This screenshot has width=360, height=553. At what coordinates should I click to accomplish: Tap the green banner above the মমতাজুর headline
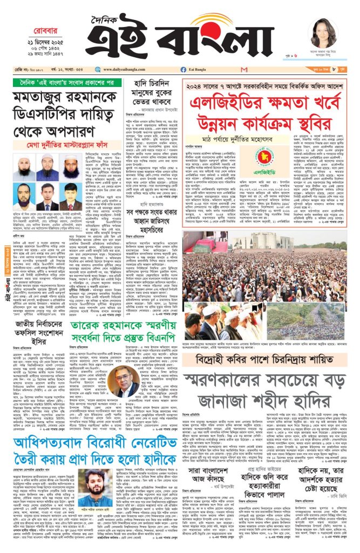64,84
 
